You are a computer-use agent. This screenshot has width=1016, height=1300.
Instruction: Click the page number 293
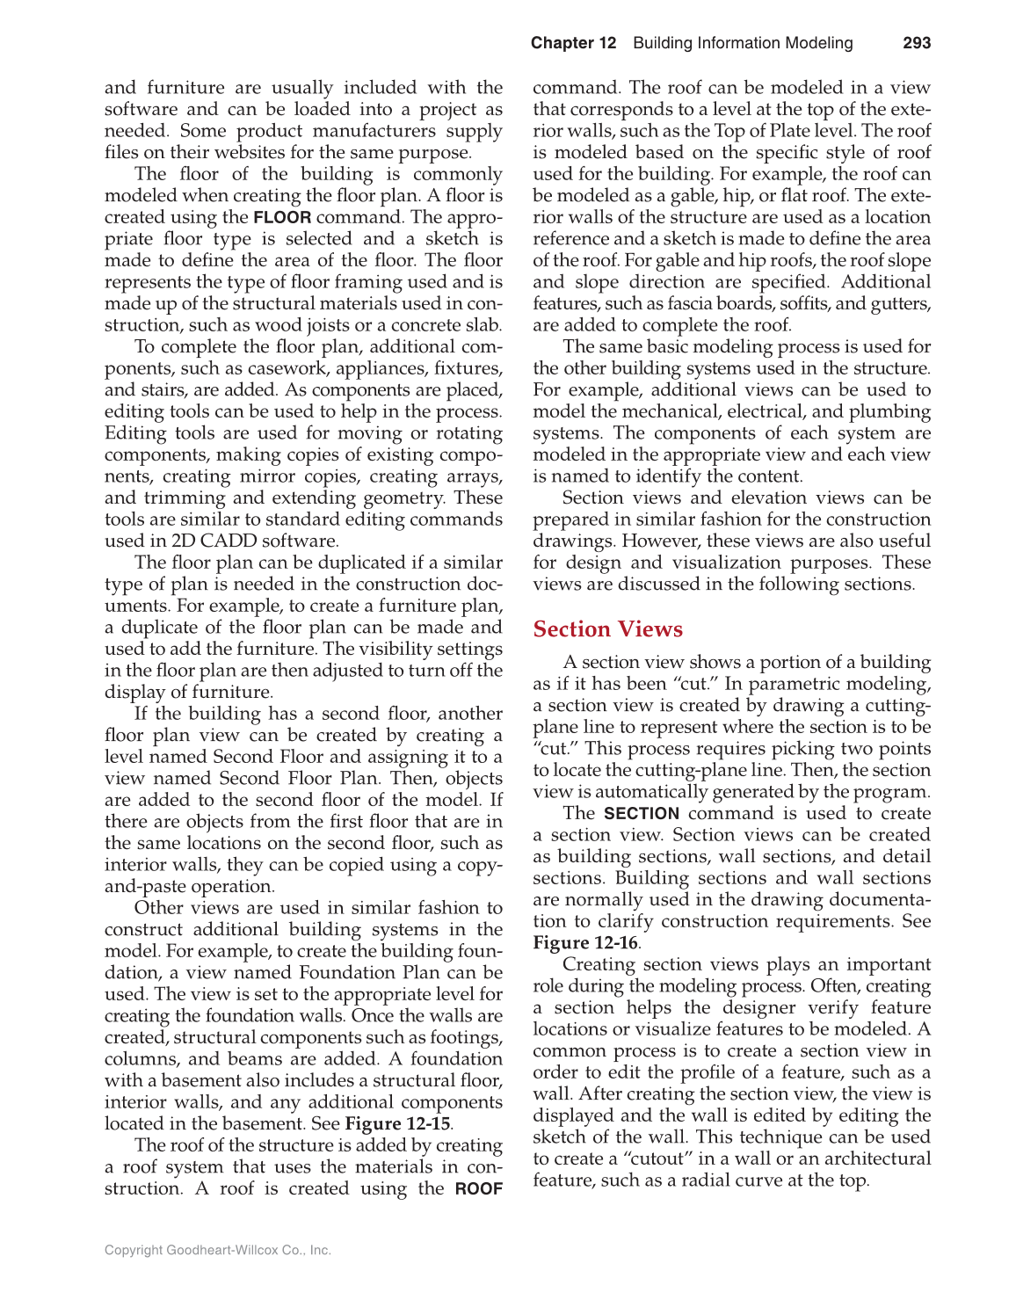917,43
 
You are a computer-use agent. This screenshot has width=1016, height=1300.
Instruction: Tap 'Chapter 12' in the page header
573,43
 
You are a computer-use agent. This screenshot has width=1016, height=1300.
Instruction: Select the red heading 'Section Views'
607,629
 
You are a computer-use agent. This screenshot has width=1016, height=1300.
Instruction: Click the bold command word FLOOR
282,218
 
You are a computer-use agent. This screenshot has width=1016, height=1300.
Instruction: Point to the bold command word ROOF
479,1189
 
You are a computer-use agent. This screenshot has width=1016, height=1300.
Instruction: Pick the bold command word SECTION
642,814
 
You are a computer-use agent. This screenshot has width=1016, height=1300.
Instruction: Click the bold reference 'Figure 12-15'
397,1124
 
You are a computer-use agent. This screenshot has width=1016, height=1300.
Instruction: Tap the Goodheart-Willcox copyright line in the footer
218,1250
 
